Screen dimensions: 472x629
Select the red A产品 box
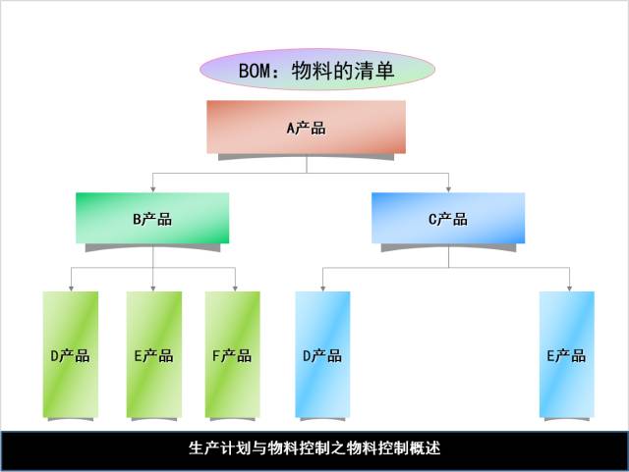tap(306, 128)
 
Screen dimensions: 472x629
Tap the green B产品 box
tap(152, 219)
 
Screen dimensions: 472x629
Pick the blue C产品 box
tap(448, 219)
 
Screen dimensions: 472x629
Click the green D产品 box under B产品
tap(71, 354)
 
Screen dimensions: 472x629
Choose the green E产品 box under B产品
tap(153, 354)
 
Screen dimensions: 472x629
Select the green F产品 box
tap(233, 354)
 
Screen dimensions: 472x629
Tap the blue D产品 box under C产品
tap(322, 354)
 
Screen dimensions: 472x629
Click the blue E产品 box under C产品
tap(567, 354)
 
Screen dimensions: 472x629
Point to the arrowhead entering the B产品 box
tap(152, 188)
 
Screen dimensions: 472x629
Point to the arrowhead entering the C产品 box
tap(448, 188)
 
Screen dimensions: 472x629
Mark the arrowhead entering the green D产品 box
tap(71, 288)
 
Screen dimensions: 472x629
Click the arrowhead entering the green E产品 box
tap(153, 288)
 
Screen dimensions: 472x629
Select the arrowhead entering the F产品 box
tap(235, 288)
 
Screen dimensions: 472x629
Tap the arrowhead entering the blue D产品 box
tap(322, 288)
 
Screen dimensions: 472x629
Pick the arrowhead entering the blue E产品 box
tap(569, 288)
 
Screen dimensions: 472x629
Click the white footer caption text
tap(314, 448)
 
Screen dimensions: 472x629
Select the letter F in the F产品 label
tap(217, 355)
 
